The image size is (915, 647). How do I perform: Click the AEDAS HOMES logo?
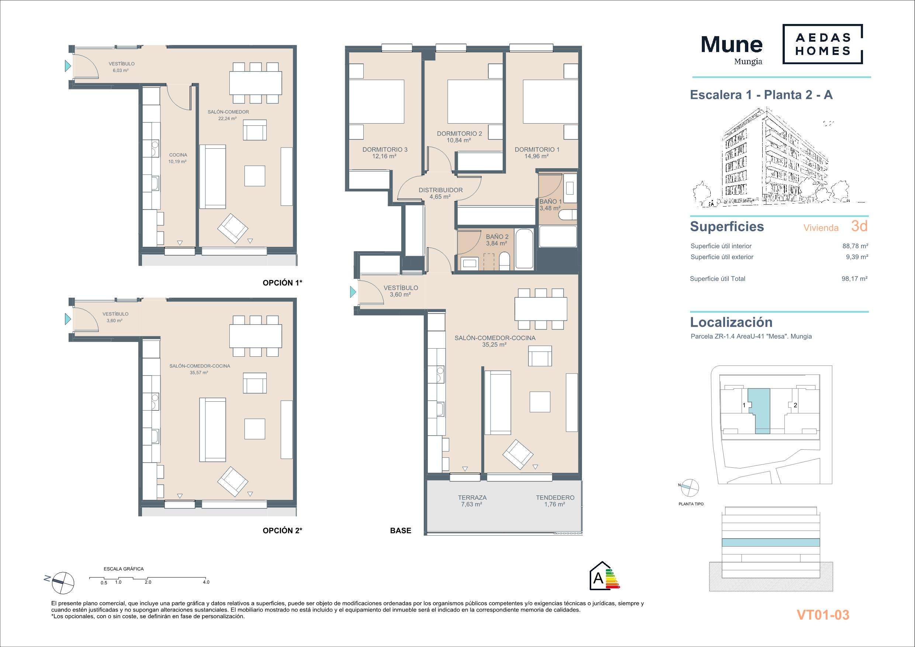pyautogui.click(x=822, y=44)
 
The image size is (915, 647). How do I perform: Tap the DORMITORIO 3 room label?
pyautogui.click(x=385, y=149)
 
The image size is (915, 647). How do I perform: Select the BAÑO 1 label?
pyautogui.click(x=550, y=202)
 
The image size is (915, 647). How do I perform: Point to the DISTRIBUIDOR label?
pyautogui.click(x=440, y=190)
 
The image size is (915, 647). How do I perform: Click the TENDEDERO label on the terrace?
pyautogui.click(x=555, y=498)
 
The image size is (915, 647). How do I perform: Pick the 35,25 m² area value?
pyautogui.click(x=494, y=345)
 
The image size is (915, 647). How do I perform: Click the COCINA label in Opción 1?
pyautogui.click(x=178, y=155)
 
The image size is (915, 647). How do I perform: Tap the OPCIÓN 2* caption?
pyautogui.click(x=283, y=530)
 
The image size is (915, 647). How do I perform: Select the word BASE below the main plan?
pyautogui.click(x=401, y=530)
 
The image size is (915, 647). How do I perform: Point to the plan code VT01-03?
pyautogui.click(x=823, y=614)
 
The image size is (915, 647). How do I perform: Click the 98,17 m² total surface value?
pyautogui.click(x=855, y=278)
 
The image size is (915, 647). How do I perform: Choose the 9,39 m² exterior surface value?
pyautogui.click(x=857, y=257)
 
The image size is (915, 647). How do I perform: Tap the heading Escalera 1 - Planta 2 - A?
pyautogui.click(x=761, y=95)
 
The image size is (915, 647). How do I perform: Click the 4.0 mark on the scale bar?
pyautogui.click(x=206, y=582)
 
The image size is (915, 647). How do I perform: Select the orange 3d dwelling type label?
pyautogui.click(x=859, y=226)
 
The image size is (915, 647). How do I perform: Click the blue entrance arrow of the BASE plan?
pyautogui.click(x=353, y=292)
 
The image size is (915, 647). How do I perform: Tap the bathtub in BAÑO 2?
pyautogui.click(x=524, y=249)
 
